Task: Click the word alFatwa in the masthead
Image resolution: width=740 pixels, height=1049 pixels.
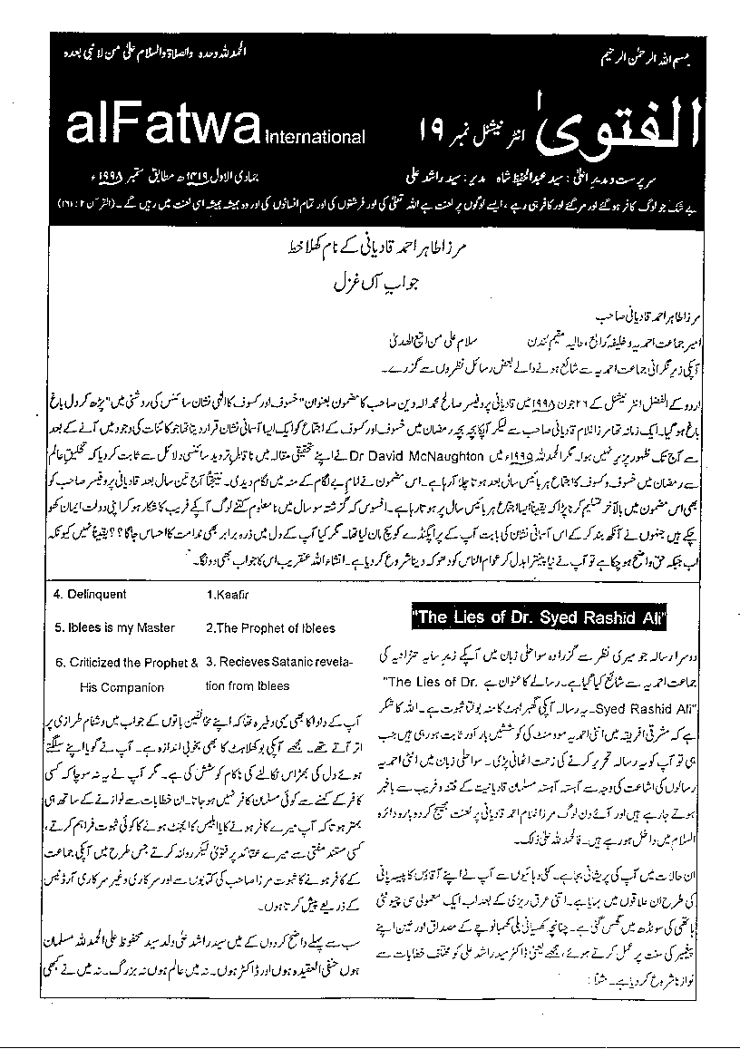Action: (x=151, y=129)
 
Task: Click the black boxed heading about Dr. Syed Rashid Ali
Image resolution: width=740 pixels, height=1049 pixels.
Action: (x=540, y=618)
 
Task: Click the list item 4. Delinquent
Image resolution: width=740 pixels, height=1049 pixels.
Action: (x=91, y=595)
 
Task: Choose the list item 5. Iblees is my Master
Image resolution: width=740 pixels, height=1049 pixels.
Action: (x=114, y=627)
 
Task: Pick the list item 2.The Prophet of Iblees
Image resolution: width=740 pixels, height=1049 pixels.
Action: (x=270, y=627)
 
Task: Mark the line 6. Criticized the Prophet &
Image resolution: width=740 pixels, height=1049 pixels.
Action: (x=126, y=662)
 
